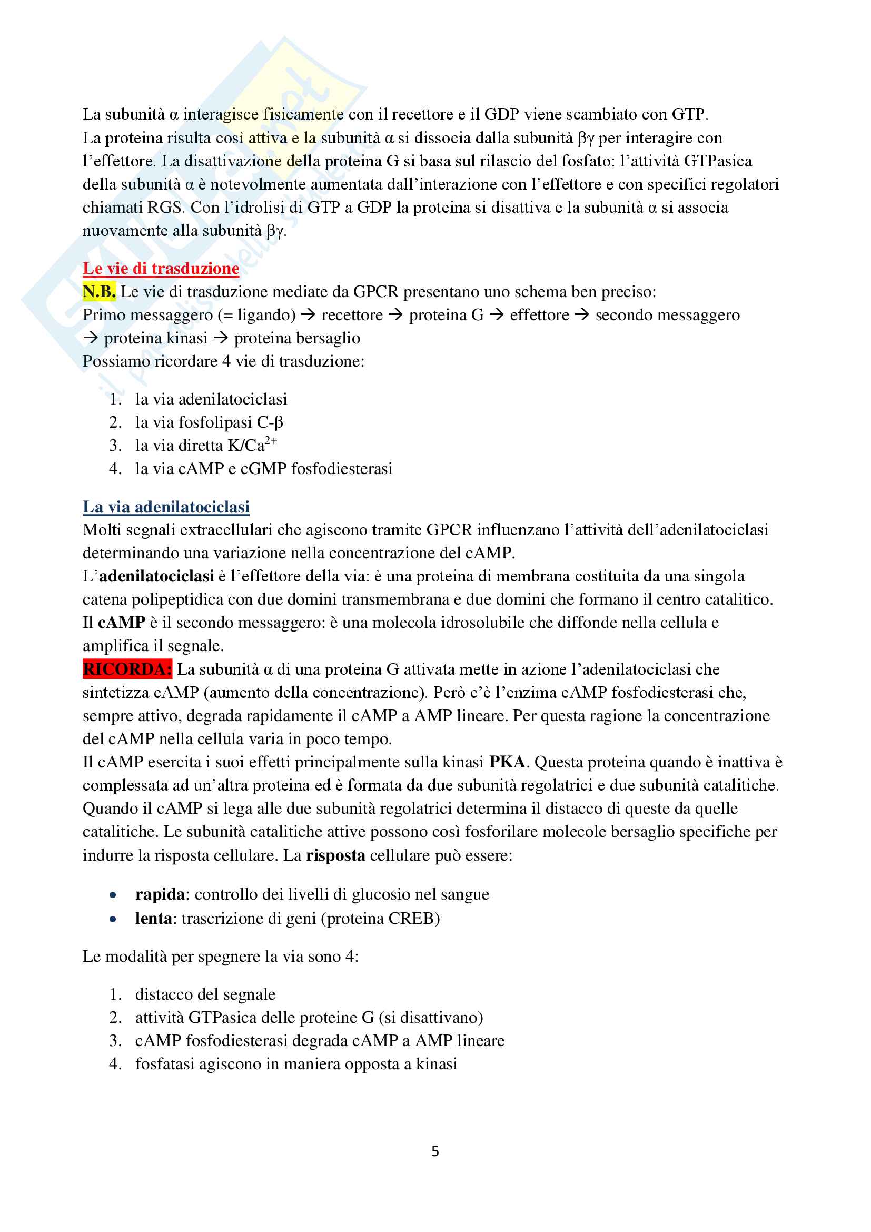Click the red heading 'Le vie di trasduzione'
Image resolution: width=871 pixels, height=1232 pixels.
coord(161,268)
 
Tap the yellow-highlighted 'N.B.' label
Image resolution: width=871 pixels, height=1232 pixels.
coord(99,291)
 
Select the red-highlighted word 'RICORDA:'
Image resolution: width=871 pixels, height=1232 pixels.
coord(127,669)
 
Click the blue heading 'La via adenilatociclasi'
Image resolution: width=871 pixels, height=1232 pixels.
coord(166,507)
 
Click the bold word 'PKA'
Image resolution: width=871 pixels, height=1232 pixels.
coord(507,762)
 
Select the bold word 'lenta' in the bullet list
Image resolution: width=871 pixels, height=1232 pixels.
coord(153,919)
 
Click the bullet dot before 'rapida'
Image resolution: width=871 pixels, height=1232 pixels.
coord(113,895)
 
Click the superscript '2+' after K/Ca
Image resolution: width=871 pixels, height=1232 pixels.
coord(271,441)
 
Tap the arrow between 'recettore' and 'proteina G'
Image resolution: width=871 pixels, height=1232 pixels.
coord(395,315)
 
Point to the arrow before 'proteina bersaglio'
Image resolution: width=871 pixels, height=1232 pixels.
coord(221,338)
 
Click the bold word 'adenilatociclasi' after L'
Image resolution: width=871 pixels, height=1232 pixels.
coord(156,576)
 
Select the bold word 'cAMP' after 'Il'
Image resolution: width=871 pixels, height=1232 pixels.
coord(122,623)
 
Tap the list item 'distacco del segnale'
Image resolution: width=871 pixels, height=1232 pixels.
coord(205,994)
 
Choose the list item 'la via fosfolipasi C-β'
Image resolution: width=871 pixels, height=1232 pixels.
coord(209,422)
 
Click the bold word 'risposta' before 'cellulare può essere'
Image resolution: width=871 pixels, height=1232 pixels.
coord(336,855)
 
